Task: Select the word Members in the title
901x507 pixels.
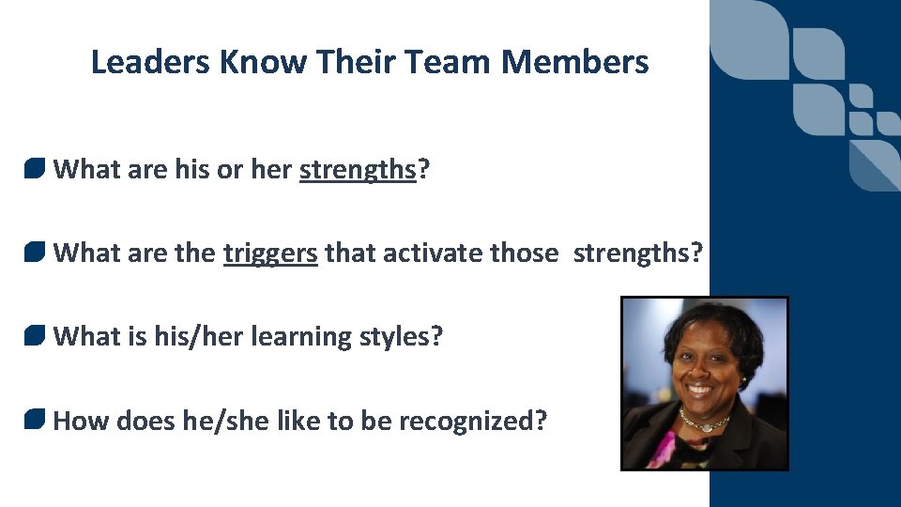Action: (x=574, y=62)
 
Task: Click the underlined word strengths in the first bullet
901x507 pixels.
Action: (x=358, y=170)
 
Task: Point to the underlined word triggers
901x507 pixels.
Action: (x=270, y=253)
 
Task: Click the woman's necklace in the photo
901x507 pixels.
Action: (x=704, y=423)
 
